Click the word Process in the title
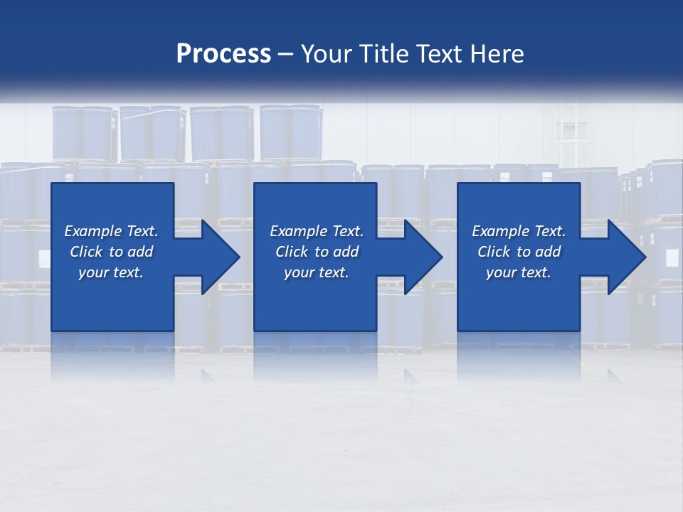pos(223,54)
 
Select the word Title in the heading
pos(386,54)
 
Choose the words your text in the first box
pos(111,272)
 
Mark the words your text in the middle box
pos(317,272)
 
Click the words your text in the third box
pos(519,272)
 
